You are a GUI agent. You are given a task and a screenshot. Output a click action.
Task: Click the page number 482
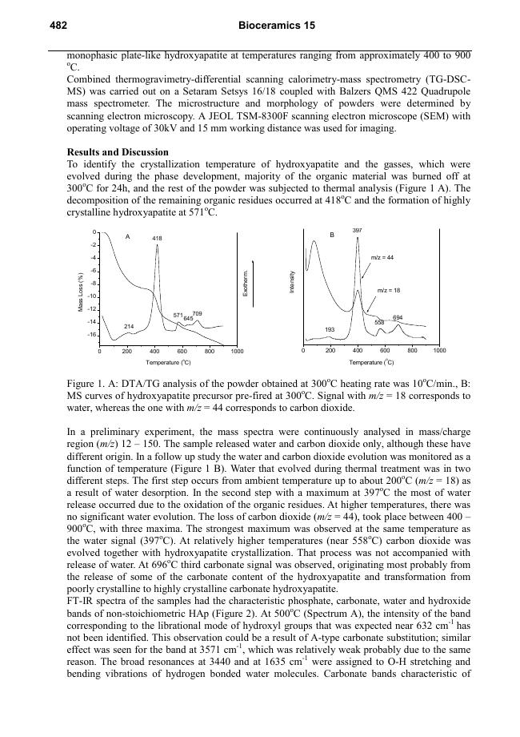(x=58, y=26)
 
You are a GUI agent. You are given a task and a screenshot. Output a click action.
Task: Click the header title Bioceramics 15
(x=277, y=26)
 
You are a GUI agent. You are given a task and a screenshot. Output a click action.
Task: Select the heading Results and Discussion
(x=118, y=152)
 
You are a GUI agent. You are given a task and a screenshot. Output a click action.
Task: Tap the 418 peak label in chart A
(x=158, y=239)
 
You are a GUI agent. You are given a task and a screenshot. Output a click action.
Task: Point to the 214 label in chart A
(x=129, y=326)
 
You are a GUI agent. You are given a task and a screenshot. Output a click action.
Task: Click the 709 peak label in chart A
(x=198, y=313)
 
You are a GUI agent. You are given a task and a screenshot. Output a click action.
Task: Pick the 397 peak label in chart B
(x=357, y=231)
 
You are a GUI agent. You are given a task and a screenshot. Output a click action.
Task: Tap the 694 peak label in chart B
(x=398, y=318)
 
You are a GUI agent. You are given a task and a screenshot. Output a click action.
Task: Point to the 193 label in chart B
(x=329, y=330)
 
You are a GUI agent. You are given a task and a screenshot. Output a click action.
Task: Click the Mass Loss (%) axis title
(x=80, y=293)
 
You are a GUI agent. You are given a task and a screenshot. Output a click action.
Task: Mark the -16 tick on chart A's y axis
(x=93, y=334)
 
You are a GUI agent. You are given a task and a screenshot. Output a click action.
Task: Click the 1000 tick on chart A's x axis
(x=236, y=352)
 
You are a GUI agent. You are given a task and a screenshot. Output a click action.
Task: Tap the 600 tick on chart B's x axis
(x=385, y=352)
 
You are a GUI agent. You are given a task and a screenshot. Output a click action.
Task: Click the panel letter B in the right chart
(x=331, y=236)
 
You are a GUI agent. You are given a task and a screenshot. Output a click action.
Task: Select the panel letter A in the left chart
(x=127, y=237)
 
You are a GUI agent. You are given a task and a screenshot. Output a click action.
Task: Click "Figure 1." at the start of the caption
(x=90, y=384)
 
